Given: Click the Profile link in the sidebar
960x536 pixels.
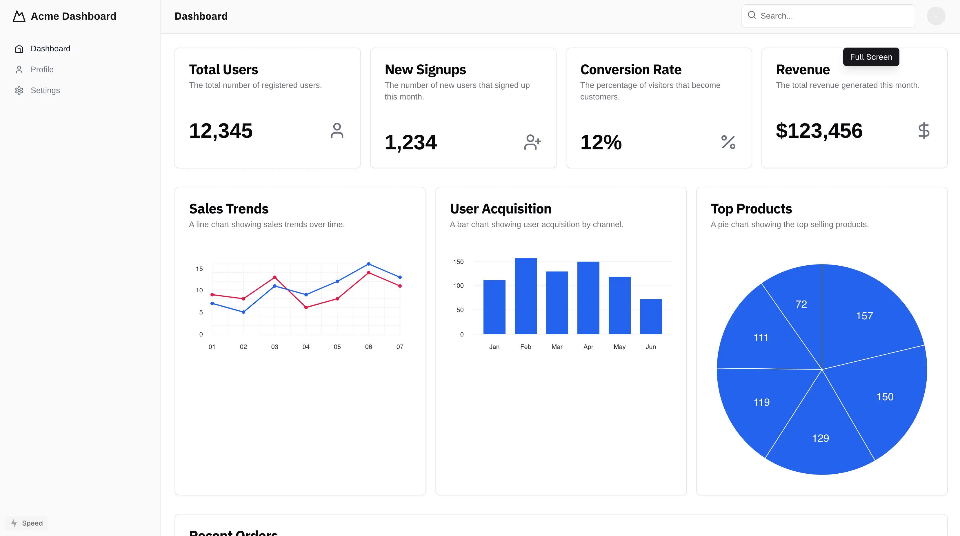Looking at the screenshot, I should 42,69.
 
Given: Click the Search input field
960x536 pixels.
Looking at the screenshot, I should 831,16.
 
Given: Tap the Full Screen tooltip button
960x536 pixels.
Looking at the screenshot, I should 871,57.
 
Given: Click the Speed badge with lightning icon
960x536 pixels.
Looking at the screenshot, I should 27,523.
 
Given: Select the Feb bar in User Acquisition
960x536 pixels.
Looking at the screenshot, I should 526,296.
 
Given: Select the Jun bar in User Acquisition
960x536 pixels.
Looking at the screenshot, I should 651,317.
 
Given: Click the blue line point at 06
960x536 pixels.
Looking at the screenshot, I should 369,264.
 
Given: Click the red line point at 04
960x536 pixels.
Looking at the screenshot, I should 306,307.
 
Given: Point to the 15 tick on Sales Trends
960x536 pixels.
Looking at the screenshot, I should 199,269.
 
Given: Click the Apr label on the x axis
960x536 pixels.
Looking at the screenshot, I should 588,347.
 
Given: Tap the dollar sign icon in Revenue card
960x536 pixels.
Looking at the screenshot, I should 923,131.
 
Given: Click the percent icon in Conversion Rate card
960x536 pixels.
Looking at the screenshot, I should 728,142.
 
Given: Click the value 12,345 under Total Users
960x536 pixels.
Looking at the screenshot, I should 221,131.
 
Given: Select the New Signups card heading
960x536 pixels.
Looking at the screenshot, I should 425,70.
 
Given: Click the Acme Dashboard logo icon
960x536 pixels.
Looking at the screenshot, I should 19,17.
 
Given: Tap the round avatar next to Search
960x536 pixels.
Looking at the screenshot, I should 936,16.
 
